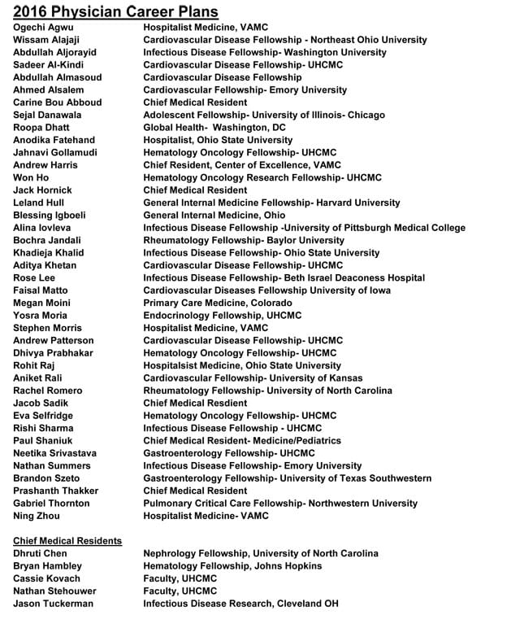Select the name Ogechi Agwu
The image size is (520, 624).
point(42,27)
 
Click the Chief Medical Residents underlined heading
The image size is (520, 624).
point(67,540)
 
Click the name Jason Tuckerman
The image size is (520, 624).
point(53,604)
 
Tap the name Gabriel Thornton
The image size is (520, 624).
point(51,503)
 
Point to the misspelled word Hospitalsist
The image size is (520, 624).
point(171,365)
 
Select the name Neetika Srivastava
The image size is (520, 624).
point(54,453)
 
